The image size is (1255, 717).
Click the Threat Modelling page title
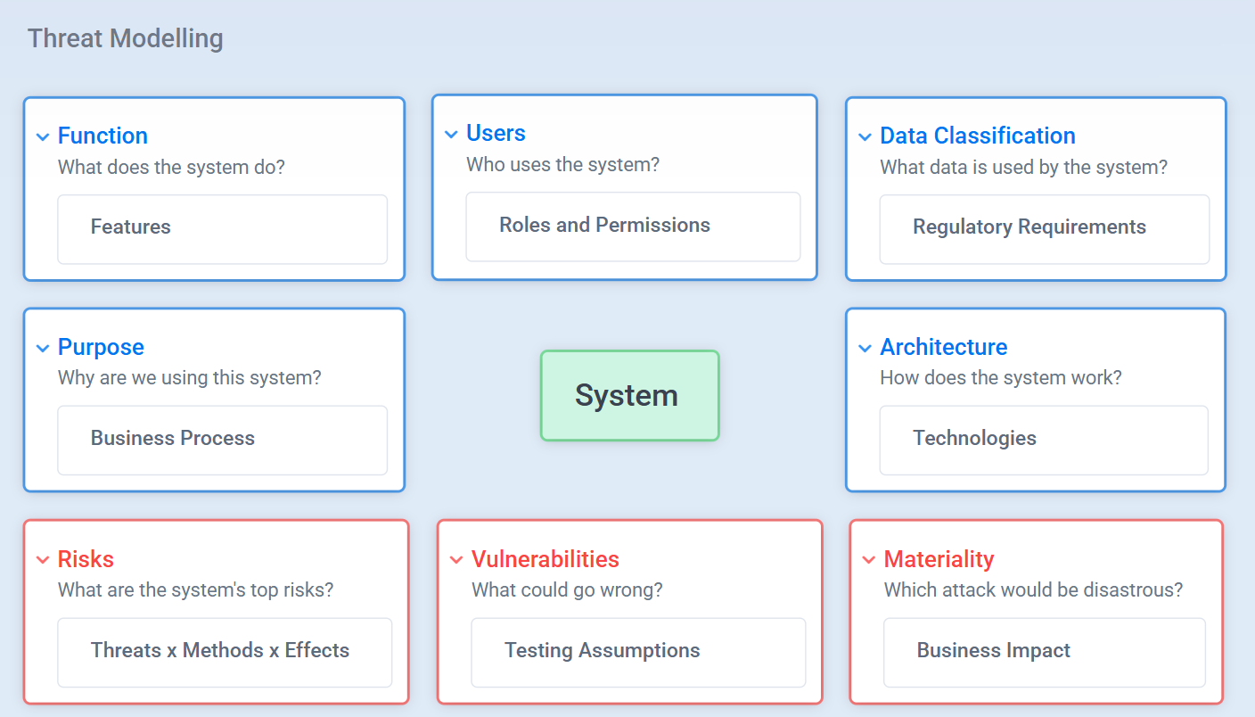126,38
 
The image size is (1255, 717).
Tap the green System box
630,395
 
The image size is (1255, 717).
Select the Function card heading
103,136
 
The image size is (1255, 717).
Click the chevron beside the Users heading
451,134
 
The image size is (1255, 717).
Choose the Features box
223,228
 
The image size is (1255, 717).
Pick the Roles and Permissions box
633,227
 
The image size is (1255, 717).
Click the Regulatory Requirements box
1045,228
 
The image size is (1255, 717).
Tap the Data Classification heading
978,136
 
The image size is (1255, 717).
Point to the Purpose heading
101,347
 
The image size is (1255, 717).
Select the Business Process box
223,440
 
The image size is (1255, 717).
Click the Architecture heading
944,347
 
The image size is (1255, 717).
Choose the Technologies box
1044,440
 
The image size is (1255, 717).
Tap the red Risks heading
86,559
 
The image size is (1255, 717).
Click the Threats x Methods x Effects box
225,653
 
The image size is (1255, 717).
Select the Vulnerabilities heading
545,559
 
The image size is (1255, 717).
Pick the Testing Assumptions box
638,653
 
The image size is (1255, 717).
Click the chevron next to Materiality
869,559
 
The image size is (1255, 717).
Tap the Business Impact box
1045,653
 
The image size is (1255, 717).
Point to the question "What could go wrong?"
567,589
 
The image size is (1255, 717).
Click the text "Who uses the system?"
563,164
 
